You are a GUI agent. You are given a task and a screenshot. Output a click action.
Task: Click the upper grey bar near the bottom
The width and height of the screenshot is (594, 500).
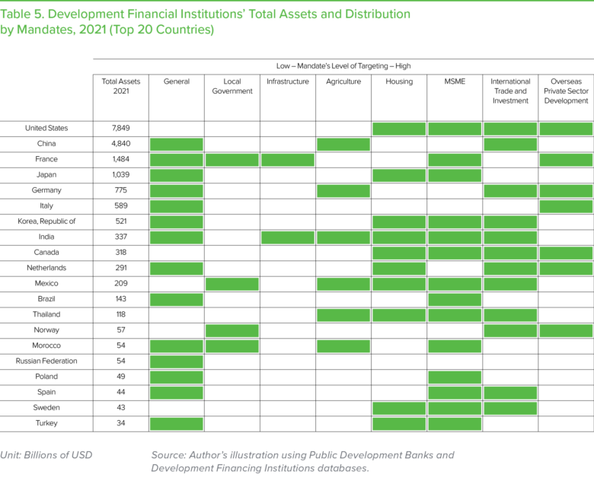coord(297,455)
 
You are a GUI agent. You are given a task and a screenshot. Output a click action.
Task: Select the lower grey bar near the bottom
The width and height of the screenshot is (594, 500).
coord(297,469)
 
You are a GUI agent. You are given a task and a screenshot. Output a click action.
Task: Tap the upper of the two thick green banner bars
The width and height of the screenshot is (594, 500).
coord(297,14)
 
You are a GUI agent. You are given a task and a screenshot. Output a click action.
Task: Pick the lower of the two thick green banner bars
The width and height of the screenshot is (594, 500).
coord(297,30)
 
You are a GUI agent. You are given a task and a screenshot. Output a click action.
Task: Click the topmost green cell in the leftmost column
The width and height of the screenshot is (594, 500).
coord(176,145)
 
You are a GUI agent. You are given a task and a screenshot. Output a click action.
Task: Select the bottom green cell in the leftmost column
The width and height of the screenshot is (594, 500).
coord(176,424)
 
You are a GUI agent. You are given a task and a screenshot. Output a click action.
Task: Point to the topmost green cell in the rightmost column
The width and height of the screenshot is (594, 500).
coord(566,129)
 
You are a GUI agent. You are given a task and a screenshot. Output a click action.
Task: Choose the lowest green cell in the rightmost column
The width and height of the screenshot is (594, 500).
coord(566,330)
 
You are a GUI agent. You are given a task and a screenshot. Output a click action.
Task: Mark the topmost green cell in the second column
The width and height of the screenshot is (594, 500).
coord(232,160)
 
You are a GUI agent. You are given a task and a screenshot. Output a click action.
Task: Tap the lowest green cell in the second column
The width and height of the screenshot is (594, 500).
coord(232,346)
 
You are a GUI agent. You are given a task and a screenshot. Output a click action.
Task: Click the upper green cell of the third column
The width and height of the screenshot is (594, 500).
coord(288,160)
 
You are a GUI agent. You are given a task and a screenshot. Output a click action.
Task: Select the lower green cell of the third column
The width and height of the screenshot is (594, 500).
coord(288,237)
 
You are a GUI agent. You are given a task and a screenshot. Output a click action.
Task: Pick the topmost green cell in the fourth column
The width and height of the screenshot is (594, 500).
coord(343,145)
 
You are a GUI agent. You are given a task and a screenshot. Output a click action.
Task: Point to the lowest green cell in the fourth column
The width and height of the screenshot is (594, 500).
coord(343,346)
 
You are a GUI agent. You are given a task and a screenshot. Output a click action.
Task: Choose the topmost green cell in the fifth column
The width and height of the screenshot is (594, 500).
coord(399,129)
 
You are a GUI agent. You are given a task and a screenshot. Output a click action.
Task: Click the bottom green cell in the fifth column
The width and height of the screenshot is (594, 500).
coord(399,424)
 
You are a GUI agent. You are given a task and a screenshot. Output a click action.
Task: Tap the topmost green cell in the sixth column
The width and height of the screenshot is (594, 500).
coord(455,129)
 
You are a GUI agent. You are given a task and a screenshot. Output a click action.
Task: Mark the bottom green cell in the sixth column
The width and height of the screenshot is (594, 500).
coord(455,424)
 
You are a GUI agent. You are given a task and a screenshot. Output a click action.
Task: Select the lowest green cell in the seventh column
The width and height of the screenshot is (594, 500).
coord(510,408)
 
